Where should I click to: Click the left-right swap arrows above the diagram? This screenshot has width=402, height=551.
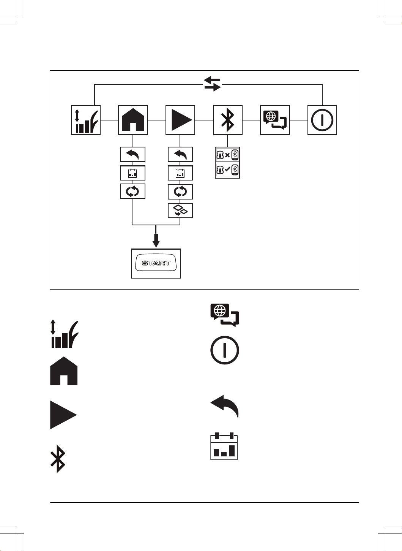tap(212, 84)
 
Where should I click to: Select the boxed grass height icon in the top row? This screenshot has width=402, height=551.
tap(86, 120)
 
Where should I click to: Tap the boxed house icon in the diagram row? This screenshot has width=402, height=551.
tap(133, 120)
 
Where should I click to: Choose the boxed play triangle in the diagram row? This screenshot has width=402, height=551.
tap(180, 120)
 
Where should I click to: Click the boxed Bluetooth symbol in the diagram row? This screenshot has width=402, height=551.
tap(227, 120)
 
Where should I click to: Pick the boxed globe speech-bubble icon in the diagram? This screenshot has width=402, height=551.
tap(275, 120)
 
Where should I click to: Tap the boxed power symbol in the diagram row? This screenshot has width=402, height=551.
tap(322, 120)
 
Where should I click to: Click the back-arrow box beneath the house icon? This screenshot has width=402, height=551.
tap(132, 154)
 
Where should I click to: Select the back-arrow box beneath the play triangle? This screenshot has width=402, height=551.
tap(180, 154)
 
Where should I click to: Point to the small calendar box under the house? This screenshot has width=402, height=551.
tap(132, 173)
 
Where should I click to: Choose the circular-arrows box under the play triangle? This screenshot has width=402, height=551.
tap(180, 192)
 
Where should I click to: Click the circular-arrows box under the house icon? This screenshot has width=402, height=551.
tap(132, 191)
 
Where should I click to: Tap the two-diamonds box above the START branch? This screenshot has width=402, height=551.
tap(180, 211)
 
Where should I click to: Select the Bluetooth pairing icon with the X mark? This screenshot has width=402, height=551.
tap(227, 155)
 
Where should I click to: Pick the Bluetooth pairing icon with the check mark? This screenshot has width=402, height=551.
tap(227, 170)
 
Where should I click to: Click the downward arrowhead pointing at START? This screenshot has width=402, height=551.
tap(156, 244)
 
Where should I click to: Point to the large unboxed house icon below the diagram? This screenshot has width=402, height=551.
tap(64, 371)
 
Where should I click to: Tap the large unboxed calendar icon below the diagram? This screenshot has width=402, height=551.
tap(224, 446)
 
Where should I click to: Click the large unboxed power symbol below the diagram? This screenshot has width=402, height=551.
tap(225, 350)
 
